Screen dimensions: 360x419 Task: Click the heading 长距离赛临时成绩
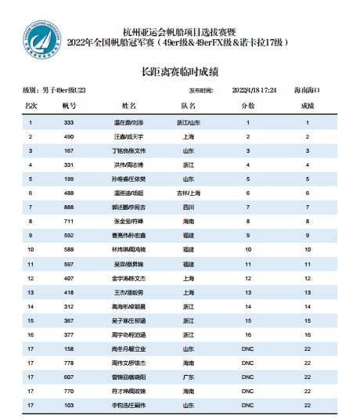click(179, 71)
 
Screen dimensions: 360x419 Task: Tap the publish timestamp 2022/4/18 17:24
click(255, 91)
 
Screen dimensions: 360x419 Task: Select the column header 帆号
click(69, 105)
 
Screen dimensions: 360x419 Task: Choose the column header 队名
click(188, 105)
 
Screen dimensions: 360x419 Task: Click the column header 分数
click(248, 105)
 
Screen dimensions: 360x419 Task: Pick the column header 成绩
click(308, 105)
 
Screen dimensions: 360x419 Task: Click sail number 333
click(69, 123)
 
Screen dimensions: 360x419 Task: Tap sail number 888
click(69, 208)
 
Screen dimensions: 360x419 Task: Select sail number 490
click(69, 137)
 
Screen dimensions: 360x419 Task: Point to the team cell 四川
click(188, 208)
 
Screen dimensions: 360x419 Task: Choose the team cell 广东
click(188, 376)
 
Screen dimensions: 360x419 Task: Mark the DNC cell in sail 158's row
click(248, 348)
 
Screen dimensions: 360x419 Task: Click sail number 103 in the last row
click(69, 404)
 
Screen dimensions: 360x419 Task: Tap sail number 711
click(69, 222)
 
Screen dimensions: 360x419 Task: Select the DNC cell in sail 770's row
click(248, 390)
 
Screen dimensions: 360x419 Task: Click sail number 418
click(69, 292)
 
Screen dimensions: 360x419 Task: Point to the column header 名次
click(31, 105)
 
